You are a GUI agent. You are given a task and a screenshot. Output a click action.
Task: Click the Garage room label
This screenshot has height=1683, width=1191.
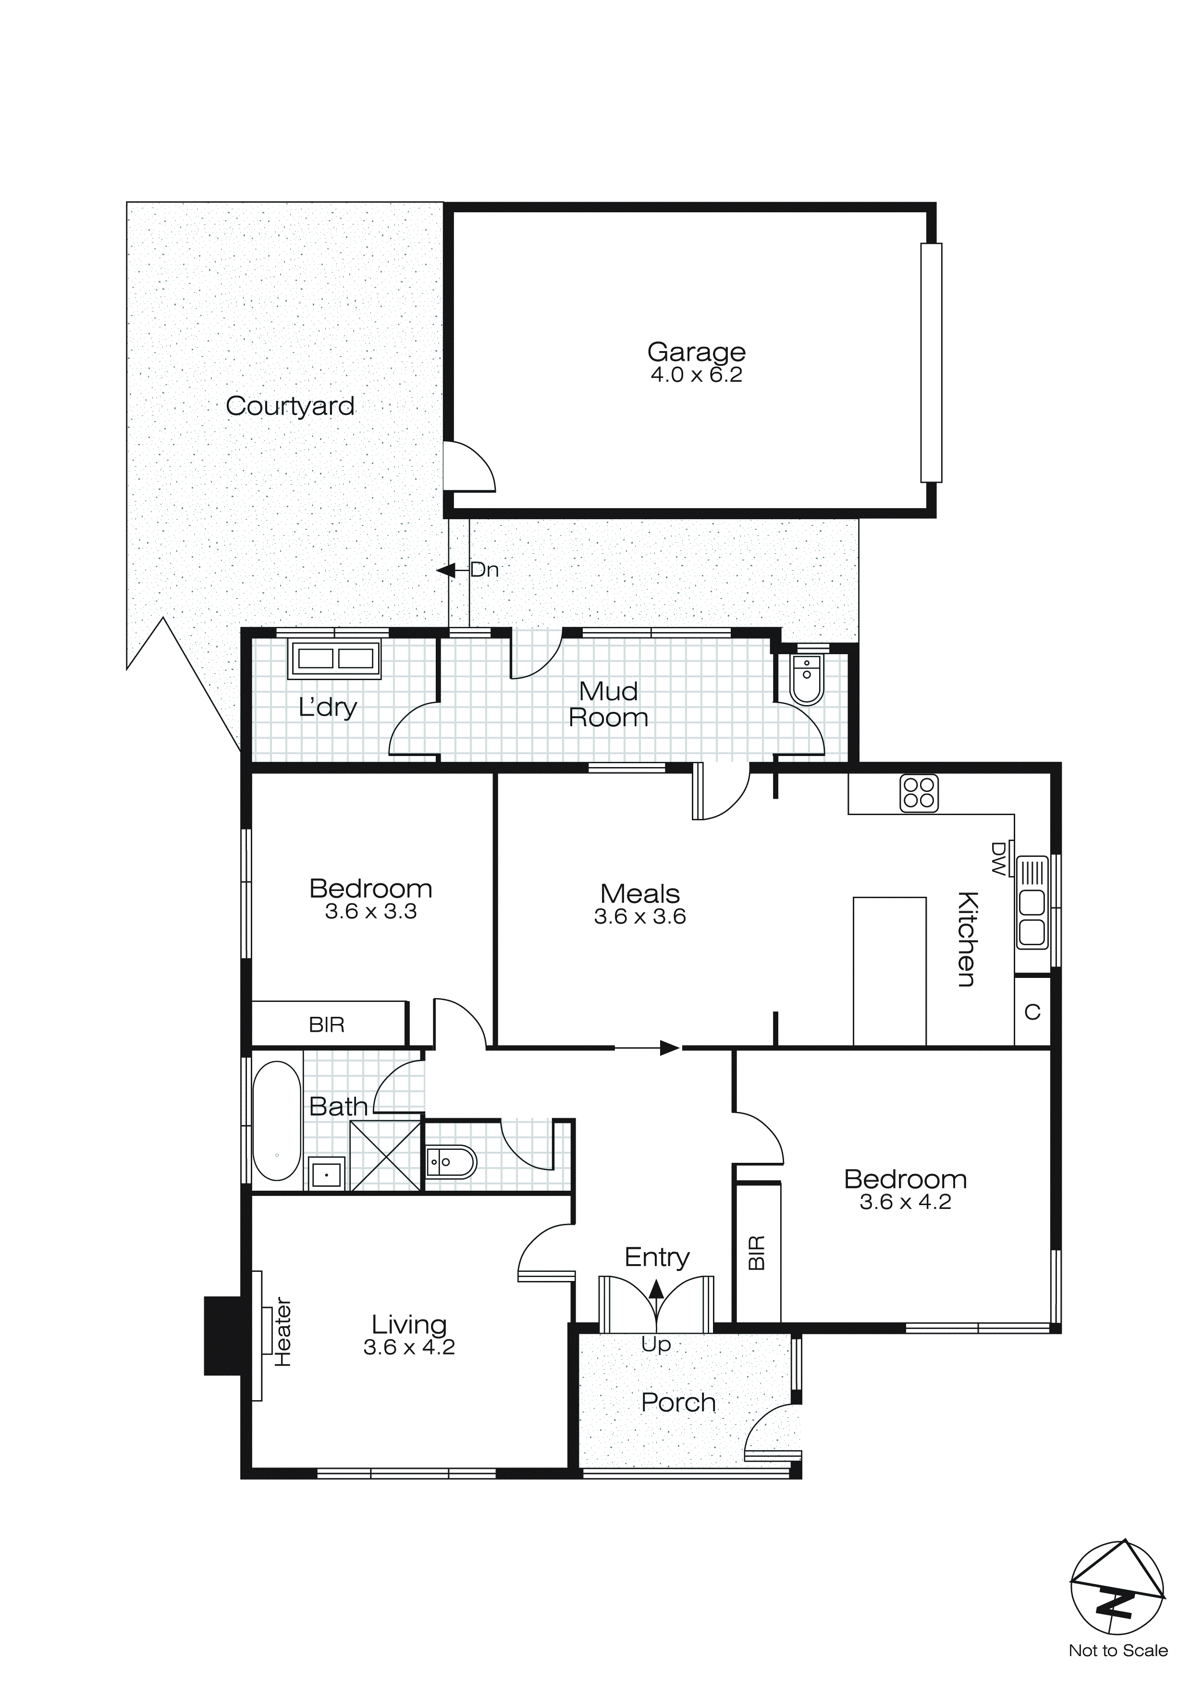click(696, 352)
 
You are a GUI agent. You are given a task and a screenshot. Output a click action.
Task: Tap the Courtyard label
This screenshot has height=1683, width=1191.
click(290, 405)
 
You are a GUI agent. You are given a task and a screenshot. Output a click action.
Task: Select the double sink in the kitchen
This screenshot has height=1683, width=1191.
click(1032, 916)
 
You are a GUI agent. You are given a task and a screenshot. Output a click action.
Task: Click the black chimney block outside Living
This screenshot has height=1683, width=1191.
click(222, 1336)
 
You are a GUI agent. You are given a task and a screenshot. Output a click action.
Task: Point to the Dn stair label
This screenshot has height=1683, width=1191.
click(484, 570)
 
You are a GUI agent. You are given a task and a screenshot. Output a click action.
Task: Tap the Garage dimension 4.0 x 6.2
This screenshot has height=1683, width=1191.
click(696, 375)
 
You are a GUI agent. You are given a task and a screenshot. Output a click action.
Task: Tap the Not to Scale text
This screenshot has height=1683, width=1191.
click(1117, 1651)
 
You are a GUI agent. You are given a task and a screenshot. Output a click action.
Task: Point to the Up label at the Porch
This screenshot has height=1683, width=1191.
click(656, 1344)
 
